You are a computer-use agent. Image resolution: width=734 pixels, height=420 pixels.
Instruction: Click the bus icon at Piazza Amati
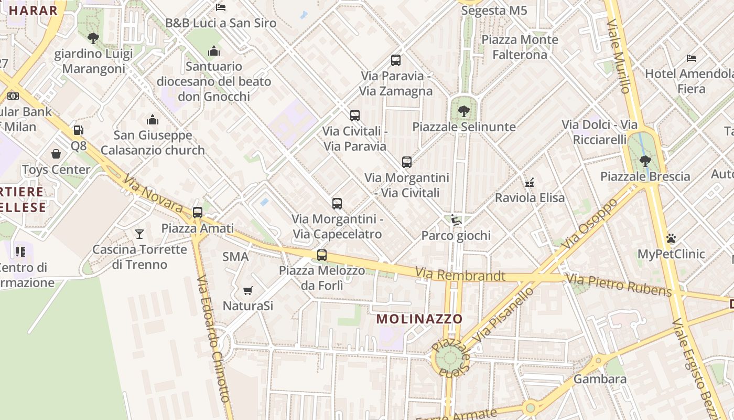(198, 213)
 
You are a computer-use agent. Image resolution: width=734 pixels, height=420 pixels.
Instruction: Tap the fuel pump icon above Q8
(78, 130)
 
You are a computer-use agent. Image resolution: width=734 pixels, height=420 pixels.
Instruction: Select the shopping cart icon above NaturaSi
(248, 290)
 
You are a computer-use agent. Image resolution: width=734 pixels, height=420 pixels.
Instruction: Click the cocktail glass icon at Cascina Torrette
(139, 234)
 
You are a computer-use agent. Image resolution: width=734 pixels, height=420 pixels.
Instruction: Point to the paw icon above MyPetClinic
(671, 239)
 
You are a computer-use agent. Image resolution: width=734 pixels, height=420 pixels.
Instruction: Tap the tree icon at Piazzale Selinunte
(463, 111)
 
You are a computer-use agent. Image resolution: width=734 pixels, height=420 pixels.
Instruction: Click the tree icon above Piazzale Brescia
(645, 161)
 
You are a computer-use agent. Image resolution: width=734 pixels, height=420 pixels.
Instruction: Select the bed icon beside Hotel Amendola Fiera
(692, 58)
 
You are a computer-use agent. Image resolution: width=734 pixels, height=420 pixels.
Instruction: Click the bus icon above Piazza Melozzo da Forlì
(322, 256)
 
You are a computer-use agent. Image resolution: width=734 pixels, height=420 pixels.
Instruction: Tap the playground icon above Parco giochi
(456, 220)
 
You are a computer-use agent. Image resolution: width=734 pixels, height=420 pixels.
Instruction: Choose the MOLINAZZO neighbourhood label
(419, 319)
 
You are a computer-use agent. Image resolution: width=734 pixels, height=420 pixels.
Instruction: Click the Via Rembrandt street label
(460, 275)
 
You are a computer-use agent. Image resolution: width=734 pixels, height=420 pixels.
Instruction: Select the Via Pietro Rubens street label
(619, 285)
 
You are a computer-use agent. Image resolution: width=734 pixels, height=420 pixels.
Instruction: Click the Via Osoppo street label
(591, 224)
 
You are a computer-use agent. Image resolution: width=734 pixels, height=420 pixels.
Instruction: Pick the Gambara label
(600, 379)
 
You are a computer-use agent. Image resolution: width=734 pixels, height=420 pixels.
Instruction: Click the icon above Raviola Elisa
(530, 183)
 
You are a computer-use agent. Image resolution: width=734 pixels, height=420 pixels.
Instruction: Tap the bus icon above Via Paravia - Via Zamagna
(396, 60)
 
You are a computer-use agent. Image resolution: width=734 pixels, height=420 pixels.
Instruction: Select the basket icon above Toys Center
(56, 154)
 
